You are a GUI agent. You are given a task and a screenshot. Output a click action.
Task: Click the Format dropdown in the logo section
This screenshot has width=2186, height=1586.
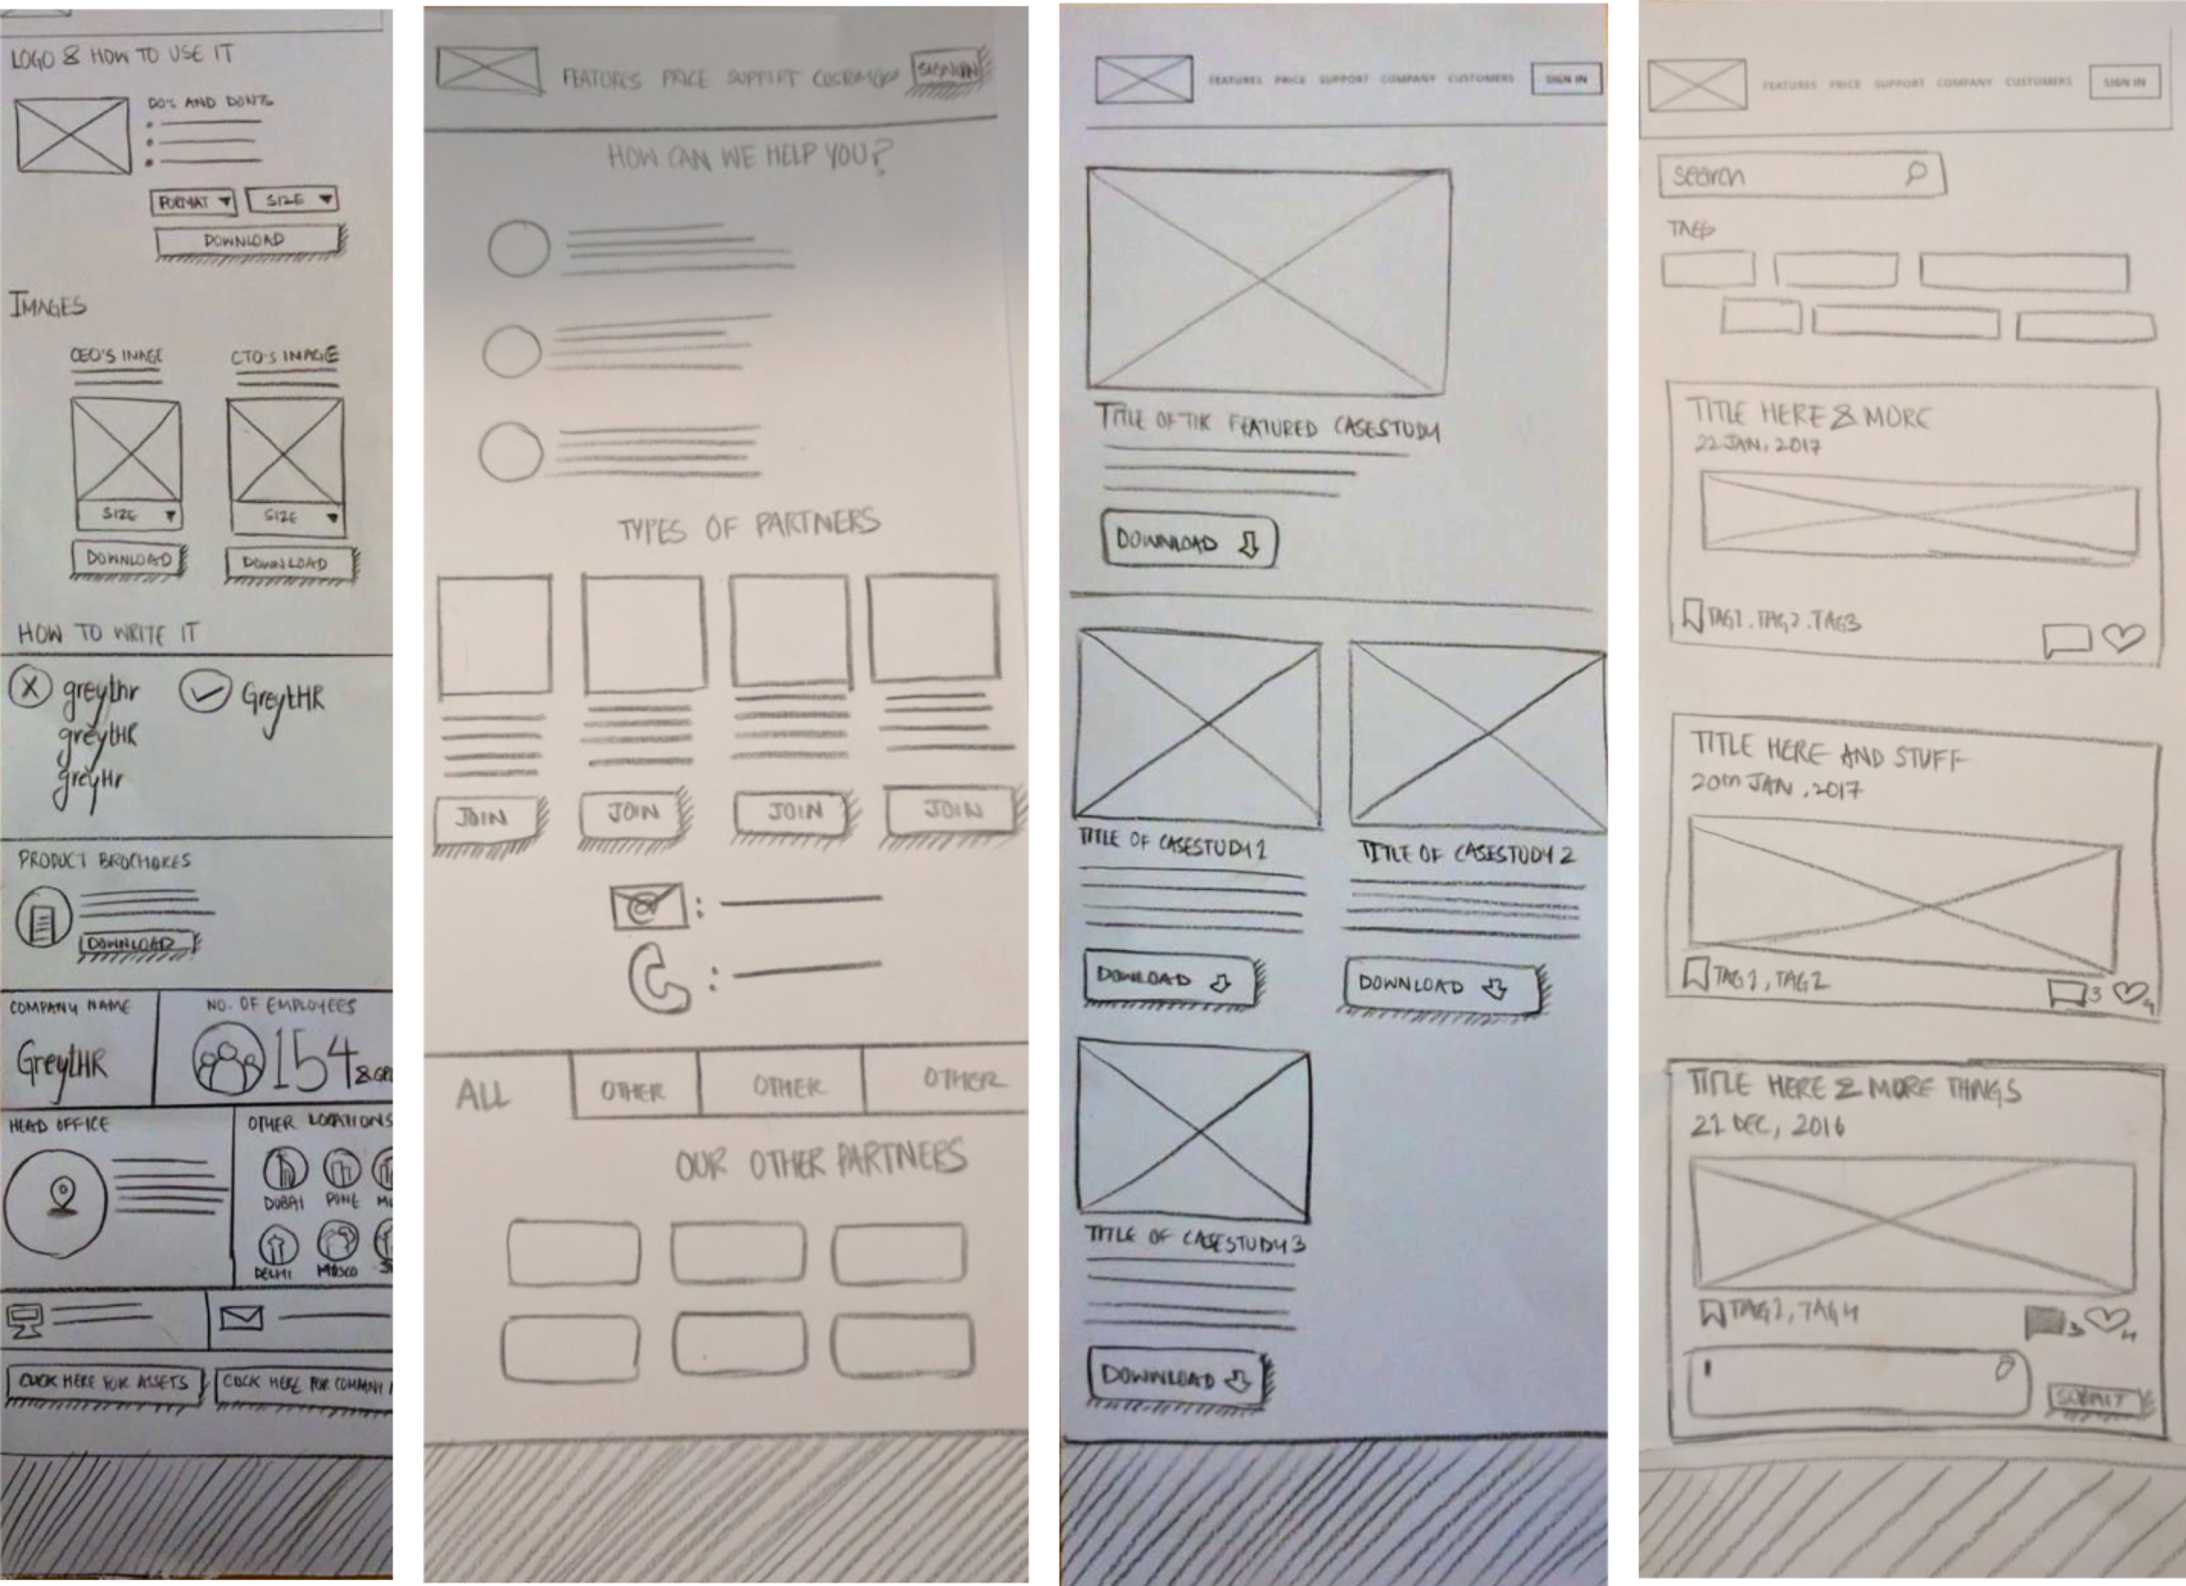[x=192, y=201]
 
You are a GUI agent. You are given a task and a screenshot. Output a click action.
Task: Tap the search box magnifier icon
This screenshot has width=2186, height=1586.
[x=1915, y=172]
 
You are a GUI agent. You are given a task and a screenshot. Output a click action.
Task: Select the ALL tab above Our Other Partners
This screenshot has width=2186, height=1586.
[x=483, y=1094]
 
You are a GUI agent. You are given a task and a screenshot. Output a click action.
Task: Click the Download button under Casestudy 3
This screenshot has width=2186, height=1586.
[x=1176, y=1376]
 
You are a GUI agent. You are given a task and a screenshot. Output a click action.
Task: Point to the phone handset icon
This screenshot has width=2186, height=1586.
[x=658, y=980]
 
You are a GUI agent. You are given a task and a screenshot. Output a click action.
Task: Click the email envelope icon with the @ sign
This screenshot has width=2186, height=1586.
[x=647, y=905]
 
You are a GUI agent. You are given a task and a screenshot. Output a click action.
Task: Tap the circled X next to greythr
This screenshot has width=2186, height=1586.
[x=31, y=688]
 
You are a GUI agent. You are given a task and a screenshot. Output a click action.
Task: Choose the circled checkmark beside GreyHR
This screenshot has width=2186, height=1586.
[x=205, y=691]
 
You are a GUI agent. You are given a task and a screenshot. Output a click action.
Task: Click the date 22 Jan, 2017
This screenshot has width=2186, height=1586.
[x=1757, y=444]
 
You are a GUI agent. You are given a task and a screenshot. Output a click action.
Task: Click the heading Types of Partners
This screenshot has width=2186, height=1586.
[x=748, y=526]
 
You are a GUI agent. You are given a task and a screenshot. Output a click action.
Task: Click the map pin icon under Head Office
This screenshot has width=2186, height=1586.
[x=63, y=1198]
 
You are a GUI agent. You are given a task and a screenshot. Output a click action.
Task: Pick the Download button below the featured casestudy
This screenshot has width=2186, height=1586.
[x=1188, y=541]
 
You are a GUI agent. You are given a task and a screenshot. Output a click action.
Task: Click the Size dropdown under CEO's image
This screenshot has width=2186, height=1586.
[x=129, y=515]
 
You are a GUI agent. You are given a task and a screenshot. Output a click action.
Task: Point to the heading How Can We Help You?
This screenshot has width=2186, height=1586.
[x=748, y=157]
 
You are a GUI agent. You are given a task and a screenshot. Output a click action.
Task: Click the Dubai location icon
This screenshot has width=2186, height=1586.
[x=285, y=1170]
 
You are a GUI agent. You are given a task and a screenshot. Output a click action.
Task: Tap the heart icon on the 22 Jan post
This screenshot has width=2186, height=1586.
[x=2122, y=636]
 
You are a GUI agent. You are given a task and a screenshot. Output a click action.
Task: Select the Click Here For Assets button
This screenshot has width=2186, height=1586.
[x=104, y=1382]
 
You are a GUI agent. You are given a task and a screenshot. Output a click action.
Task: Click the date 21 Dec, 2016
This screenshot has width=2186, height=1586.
[x=1767, y=1125]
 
